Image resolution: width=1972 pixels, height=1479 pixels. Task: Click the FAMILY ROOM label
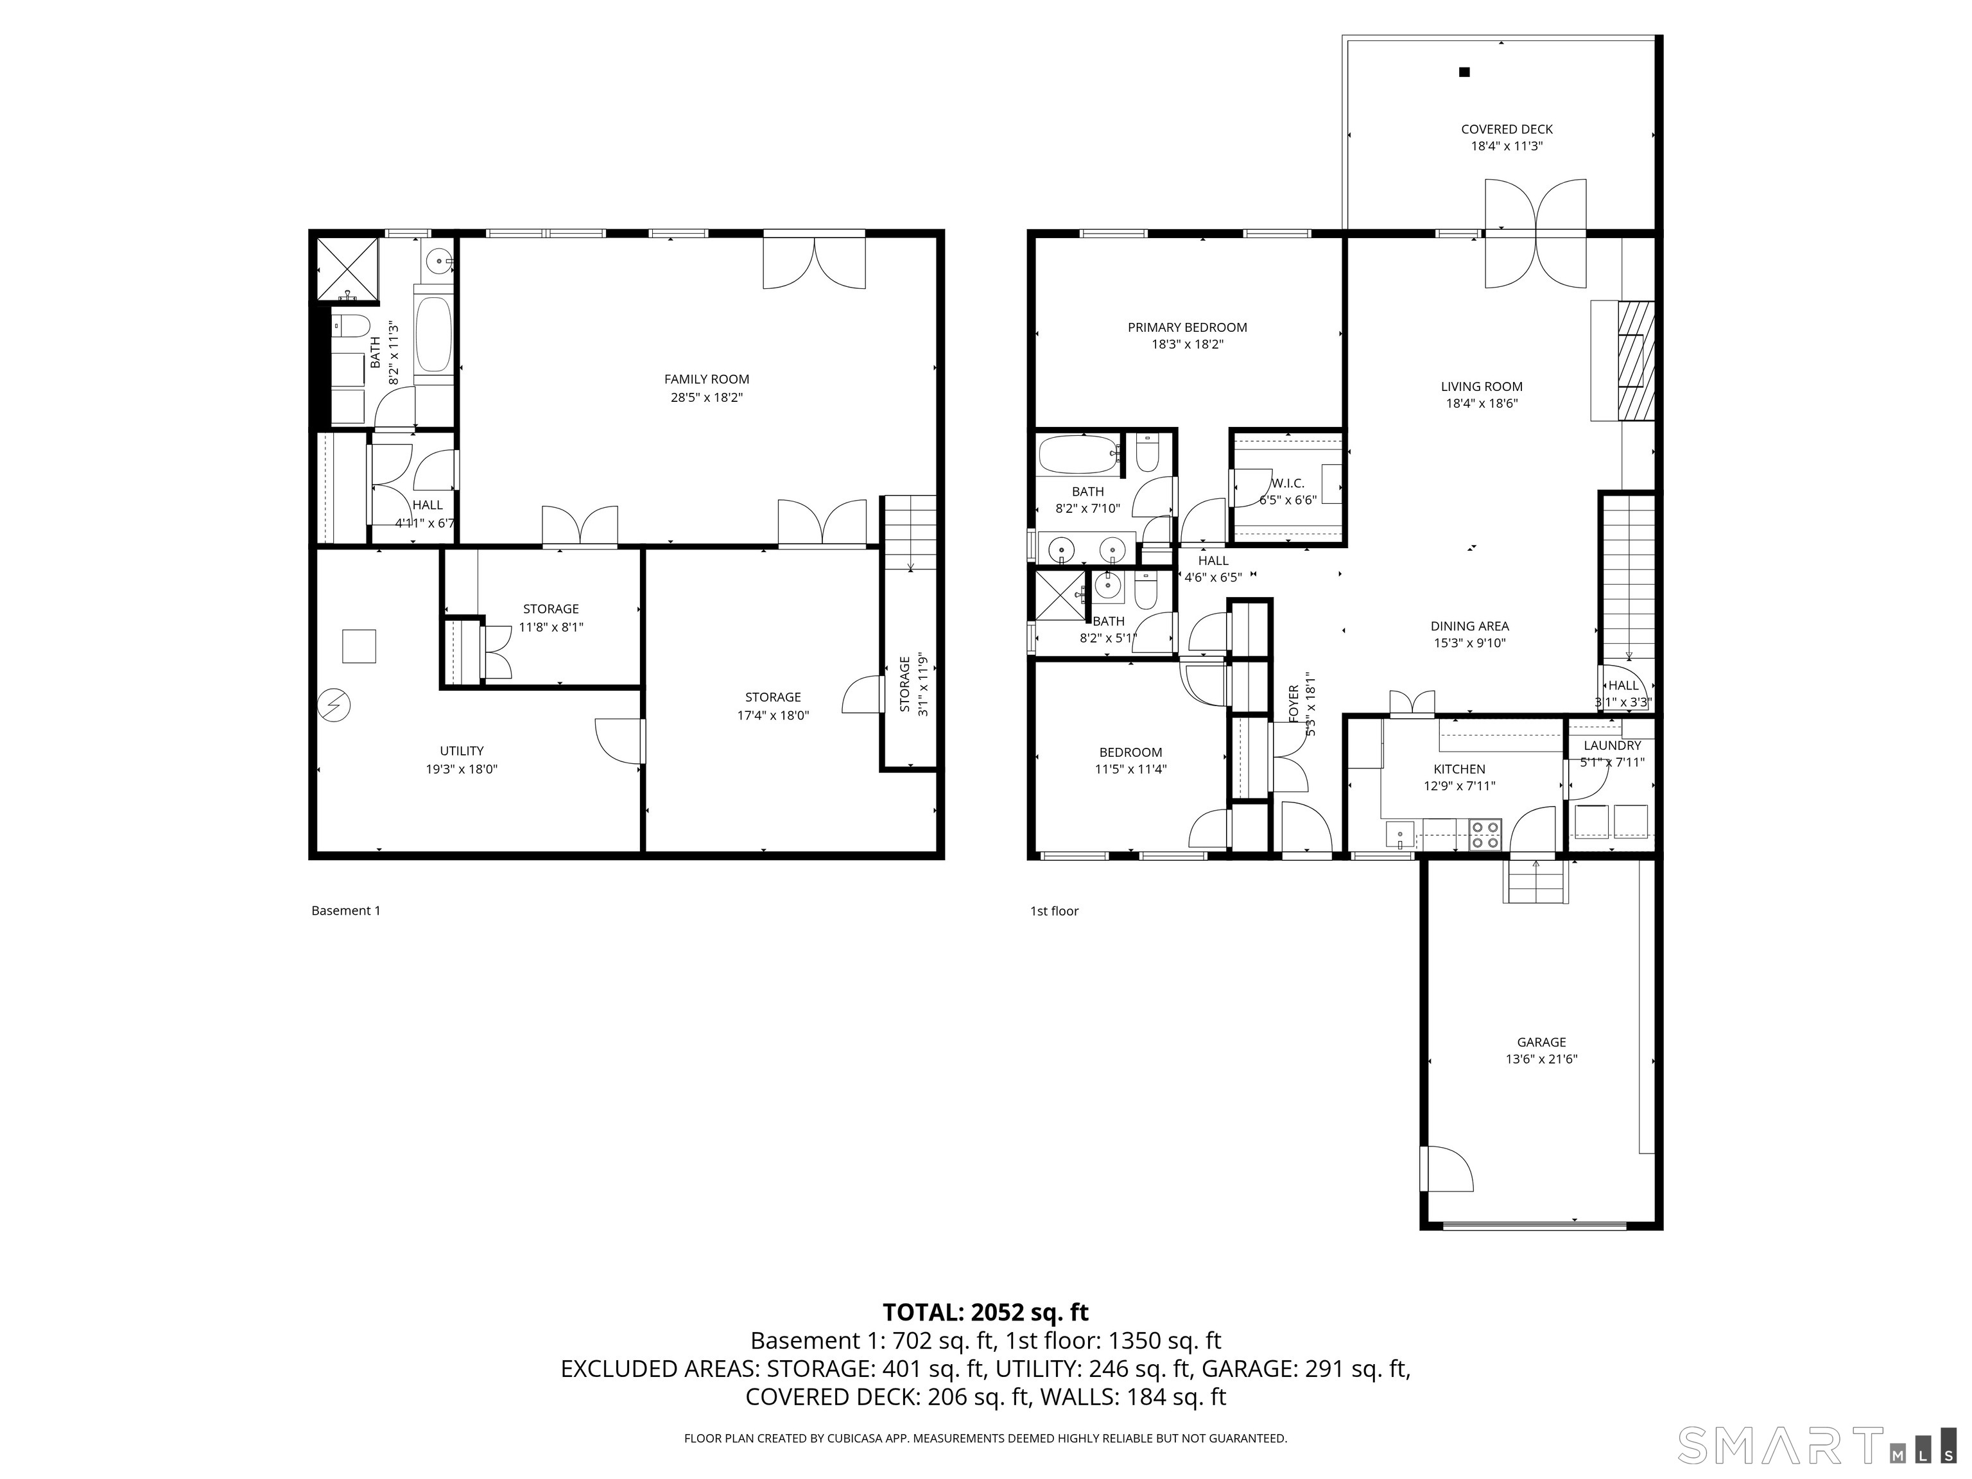706,379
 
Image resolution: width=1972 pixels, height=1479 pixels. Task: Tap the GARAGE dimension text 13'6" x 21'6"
1541,1059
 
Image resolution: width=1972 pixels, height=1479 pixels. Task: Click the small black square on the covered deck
1464,72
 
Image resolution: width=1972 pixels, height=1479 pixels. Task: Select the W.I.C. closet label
1287,483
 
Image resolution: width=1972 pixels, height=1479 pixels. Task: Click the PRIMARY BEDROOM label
1186,327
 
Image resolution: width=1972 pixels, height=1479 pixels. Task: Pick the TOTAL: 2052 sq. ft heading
985,1312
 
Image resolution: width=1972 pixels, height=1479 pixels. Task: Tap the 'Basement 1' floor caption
346,910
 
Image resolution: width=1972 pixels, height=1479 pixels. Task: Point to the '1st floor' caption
1054,911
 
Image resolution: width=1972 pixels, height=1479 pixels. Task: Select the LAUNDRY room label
1612,745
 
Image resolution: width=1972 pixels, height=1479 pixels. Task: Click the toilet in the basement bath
349,325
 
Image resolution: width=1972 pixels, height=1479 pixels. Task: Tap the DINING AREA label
1469,626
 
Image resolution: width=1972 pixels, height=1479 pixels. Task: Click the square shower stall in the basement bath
349,268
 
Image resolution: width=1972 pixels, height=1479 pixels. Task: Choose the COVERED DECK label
1507,129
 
